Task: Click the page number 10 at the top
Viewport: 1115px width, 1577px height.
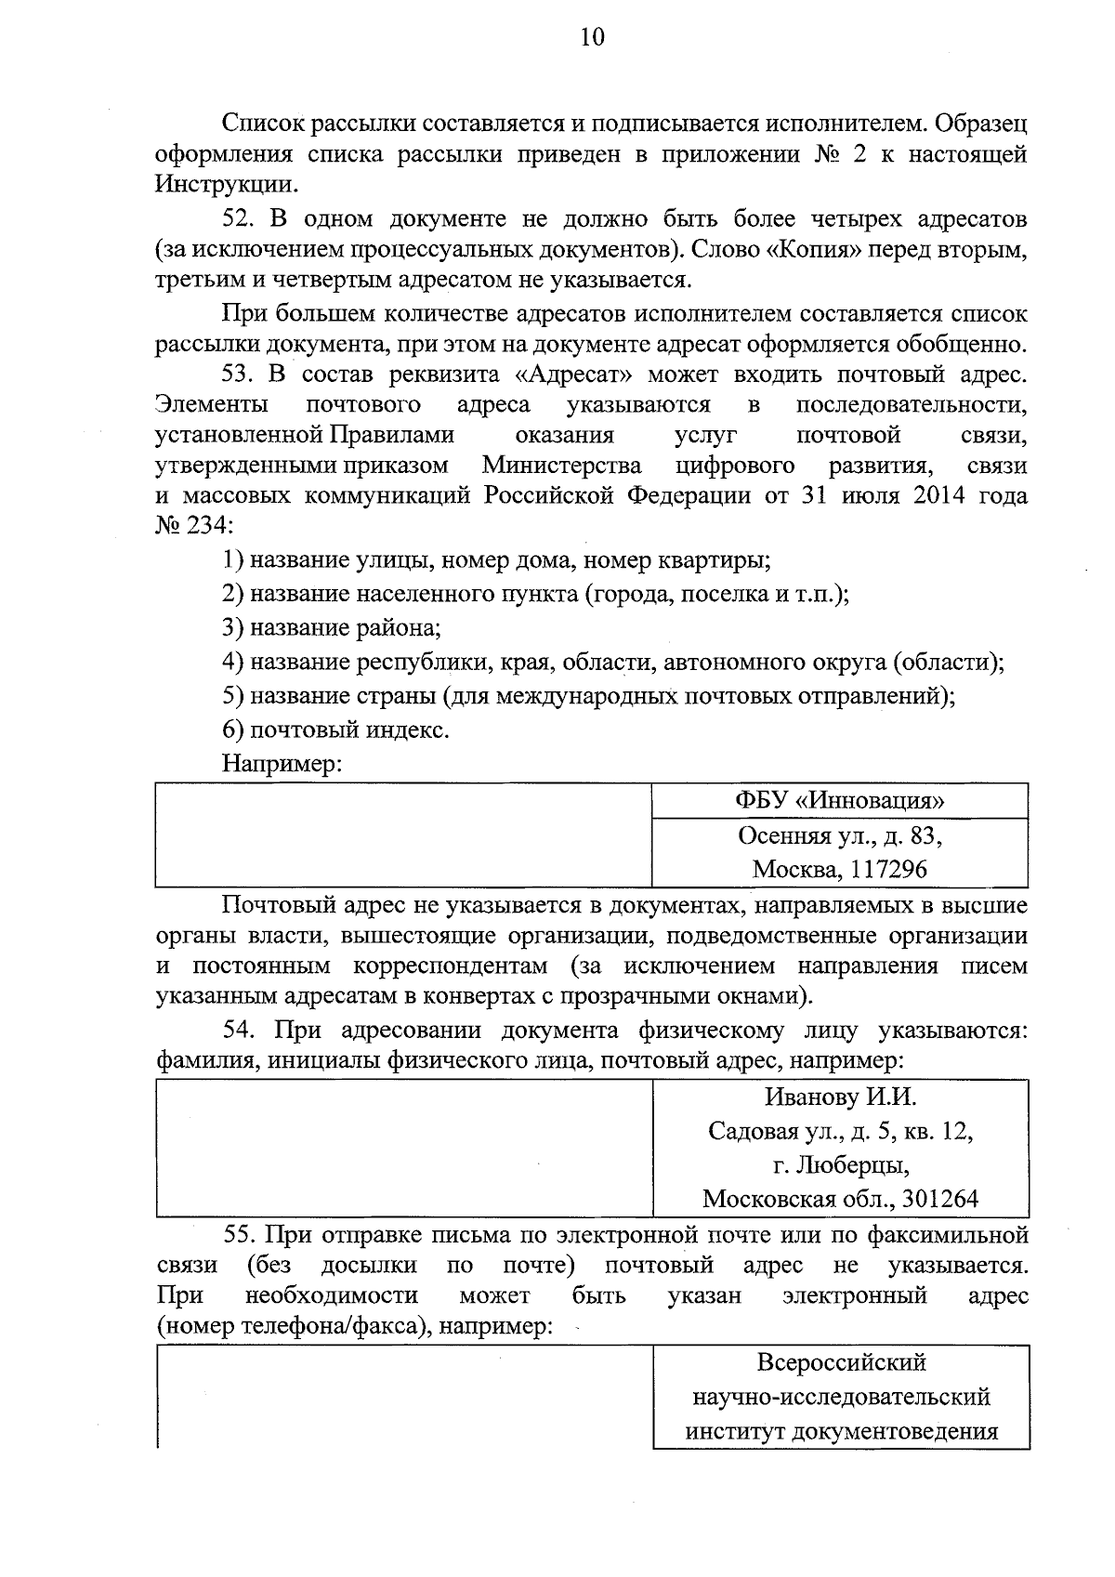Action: pos(592,37)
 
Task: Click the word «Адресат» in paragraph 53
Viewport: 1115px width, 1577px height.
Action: pos(572,375)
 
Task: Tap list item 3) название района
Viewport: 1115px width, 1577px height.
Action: pos(332,628)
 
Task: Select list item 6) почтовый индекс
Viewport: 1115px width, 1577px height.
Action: pos(335,730)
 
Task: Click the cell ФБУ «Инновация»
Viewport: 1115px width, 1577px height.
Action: pos(840,801)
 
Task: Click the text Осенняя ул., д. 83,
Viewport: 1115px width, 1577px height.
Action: pos(840,836)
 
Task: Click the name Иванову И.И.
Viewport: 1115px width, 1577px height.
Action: pos(840,1097)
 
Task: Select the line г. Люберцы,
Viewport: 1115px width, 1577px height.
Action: pos(840,1165)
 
